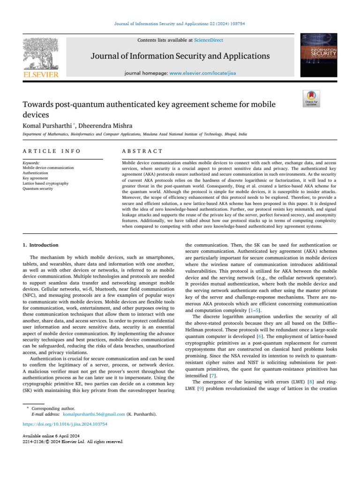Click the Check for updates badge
[311, 99]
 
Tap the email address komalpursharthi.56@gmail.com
[94, 414]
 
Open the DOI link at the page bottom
[65, 424]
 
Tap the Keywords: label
[31, 163]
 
